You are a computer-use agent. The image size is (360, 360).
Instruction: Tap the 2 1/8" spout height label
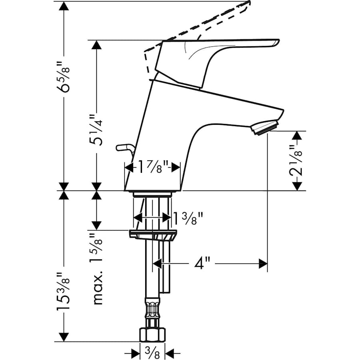pyautogui.click(x=296, y=160)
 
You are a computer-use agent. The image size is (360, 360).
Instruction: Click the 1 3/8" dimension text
pyautogui.click(x=188, y=218)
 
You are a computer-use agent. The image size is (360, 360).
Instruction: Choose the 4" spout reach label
pyautogui.click(x=202, y=264)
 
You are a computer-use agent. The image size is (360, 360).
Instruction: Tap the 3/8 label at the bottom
pyautogui.click(x=152, y=353)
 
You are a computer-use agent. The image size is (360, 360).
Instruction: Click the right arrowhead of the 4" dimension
pyautogui.click(x=263, y=264)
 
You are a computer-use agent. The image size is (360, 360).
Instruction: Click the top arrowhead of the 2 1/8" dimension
pyautogui.click(x=296, y=136)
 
